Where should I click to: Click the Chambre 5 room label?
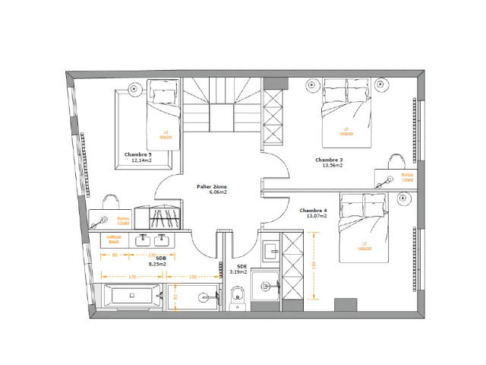(x=137, y=154)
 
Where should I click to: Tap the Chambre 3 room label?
(x=329, y=160)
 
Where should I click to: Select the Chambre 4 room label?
(x=313, y=210)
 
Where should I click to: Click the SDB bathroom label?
(x=161, y=258)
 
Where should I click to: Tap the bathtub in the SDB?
(x=131, y=295)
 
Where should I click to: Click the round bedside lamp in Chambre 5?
(x=134, y=90)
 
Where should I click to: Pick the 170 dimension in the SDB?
(x=131, y=277)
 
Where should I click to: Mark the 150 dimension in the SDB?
(x=193, y=277)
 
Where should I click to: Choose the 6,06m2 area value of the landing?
(x=219, y=192)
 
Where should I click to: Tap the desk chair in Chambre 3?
(x=395, y=160)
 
